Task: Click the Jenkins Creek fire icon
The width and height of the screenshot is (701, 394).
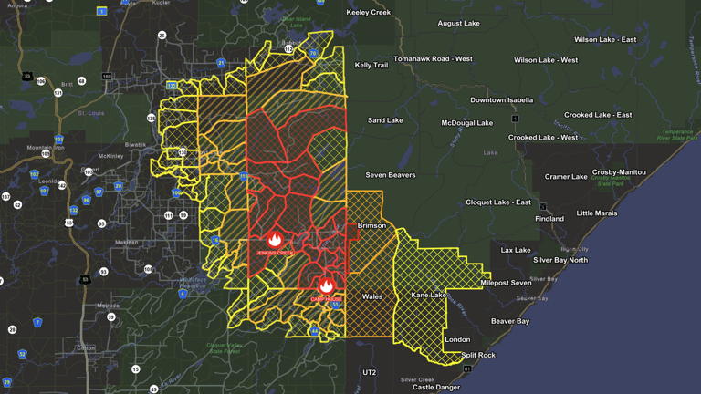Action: [x=275, y=238]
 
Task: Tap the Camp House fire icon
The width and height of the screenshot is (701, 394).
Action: [x=326, y=286]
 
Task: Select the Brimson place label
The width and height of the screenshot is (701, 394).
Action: [x=371, y=225]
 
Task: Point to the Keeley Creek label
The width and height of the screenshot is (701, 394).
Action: [x=369, y=13]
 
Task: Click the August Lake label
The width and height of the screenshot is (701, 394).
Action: [x=458, y=24]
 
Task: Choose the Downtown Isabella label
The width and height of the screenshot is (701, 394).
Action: [x=502, y=100]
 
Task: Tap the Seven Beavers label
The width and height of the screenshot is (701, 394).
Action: [x=391, y=175]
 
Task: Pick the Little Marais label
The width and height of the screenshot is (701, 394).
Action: [x=597, y=213]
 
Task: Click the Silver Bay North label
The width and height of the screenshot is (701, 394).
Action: [x=560, y=260]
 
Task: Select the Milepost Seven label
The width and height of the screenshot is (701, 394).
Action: [x=506, y=283]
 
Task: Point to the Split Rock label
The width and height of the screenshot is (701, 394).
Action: [x=478, y=355]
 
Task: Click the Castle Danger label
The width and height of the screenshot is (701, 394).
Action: [x=436, y=388]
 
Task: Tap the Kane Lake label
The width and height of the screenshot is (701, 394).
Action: [x=428, y=295]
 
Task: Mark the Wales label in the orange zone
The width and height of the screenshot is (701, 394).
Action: [x=372, y=296]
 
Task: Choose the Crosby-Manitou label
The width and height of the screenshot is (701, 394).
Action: [x=619, y=172]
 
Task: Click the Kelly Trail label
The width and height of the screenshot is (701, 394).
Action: [x=371, y=66]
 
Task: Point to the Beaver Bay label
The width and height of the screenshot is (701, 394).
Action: [x=510, y=321]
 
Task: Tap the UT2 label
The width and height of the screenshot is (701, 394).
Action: [x=369, y=373]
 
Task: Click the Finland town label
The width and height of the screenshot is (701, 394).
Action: [x=549, y=219]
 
